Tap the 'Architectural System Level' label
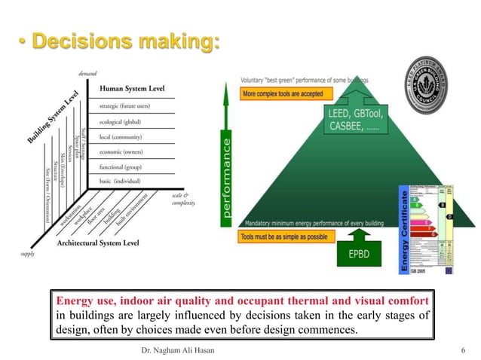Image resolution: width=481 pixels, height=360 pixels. coord(99,243)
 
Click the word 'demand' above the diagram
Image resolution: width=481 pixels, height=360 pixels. coord(89,73)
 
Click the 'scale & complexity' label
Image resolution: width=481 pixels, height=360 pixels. coord(183,199)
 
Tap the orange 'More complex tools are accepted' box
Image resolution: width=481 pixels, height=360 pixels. coord(283,95)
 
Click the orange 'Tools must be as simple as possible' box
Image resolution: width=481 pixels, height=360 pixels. coord(286,236)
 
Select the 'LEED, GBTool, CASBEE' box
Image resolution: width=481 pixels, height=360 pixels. coord(351,120)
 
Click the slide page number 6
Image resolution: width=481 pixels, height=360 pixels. coord(462,349)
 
